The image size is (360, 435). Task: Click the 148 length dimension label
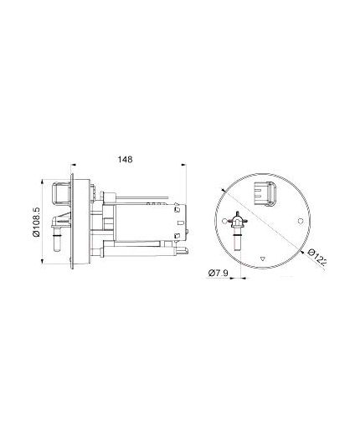(x=125, y=159)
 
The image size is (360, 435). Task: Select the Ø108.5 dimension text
(x=36, y=222)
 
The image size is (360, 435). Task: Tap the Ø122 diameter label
(x=317, y=257)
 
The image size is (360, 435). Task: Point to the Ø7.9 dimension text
(x=219, y=273)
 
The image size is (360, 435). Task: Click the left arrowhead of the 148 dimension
(x=74, y=165)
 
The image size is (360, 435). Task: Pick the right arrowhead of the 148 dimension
(x=183, y=165)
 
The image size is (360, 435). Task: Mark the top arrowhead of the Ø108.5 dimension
(x=42, y=182)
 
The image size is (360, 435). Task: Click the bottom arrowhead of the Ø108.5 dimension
(x=42, y=261)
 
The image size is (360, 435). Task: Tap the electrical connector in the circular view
(x=265, y=193)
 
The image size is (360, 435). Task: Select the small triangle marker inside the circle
(x=262, y=258)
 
